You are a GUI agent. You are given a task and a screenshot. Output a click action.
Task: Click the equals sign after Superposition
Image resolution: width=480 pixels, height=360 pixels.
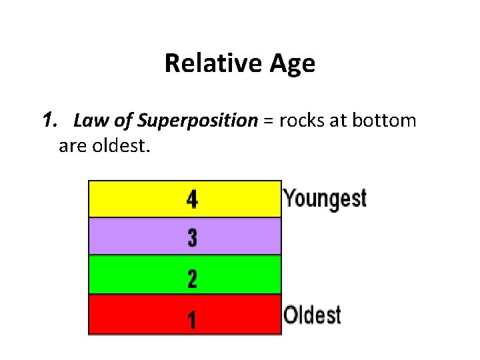pyautogui.click(x=269, y=122)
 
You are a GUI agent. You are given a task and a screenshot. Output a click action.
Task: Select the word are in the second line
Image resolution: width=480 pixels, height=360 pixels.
pyautogui.click(x=72, y=145)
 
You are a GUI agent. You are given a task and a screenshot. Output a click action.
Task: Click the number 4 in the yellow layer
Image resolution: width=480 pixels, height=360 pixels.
pyautogui.click(x=192, y=199)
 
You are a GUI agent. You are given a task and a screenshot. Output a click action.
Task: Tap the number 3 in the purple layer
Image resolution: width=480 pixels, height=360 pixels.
pyautogui.click(x=192, y=237)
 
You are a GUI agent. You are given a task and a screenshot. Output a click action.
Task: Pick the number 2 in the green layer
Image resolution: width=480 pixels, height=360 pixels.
pyautogui.click(x=192, y=277)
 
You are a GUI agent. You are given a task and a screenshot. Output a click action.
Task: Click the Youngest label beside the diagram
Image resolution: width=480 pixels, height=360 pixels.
pyautogui.click(x=325, y=198)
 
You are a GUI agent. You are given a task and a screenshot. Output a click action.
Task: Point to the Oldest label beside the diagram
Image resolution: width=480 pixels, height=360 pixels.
pyautogui.click(x=312, y=315)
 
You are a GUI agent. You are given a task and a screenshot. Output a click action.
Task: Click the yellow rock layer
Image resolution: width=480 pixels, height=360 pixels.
pyautogui.click(x=133, y=199)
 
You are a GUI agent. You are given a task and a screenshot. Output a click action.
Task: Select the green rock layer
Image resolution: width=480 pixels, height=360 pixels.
pyautogui.click(x=133, y=275)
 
